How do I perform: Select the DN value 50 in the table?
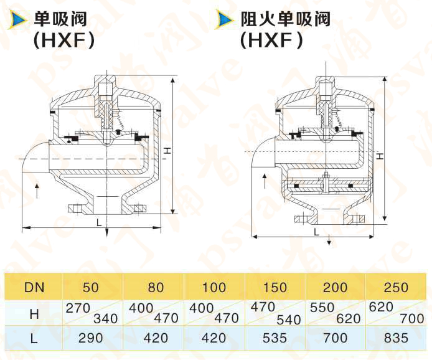91,288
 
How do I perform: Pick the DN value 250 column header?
396,288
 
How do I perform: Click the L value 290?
91,338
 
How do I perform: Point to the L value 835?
396,338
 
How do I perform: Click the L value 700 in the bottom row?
336,338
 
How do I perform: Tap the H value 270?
78,307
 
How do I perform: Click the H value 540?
289,320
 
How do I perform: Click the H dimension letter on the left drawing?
167,151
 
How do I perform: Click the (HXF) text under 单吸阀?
66,41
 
